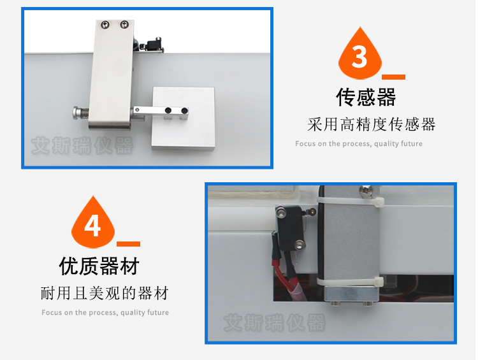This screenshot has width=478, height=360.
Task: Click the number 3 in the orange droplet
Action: pyautogui.click(x=359, y=57)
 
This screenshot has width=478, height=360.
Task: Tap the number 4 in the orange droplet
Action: pyautogui.click(x=92, y=226)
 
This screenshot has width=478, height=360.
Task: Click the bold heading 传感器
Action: pyautogui.click(x=366, y=97)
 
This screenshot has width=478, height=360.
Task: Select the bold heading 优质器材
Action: pyautogui.click(x=99, y=266)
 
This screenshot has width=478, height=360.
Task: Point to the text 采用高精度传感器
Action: pyautogui.click(x=372, y=124)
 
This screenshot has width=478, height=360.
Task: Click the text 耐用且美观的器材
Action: pyautogui.click(x=105, y=293)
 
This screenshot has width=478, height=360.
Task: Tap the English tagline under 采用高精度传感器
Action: pyautogui.click(x=359, y=143)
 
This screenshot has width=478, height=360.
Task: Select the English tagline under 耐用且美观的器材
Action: pyautogui.click(x=105, y=312)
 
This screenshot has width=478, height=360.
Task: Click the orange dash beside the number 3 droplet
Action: pyautogui.click(x=393, y=77)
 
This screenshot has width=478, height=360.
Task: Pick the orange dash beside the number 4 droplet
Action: pyautogui.click(x=128, y=244)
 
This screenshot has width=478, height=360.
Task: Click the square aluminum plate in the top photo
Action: pyautogui.click(x=183, y=119)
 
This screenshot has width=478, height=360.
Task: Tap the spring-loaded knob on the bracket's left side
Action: pyautogui.click(x=80, y=113)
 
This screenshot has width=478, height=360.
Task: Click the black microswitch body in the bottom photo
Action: pyautogui.click(x=291, y=227)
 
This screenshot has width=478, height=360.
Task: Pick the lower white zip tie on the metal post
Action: pyautogui.click(x=350, y=282)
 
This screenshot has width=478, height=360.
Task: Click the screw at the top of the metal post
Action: pyautogui.click(x=365, y=191)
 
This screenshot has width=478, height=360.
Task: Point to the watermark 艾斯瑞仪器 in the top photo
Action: pyautogui.click(x=82, y=146)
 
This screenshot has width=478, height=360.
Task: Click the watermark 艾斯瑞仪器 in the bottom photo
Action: pyautogui.click(x=275, y=323)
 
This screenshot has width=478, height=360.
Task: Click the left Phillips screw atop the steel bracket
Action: pyautogui.click(x=105, y=24)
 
